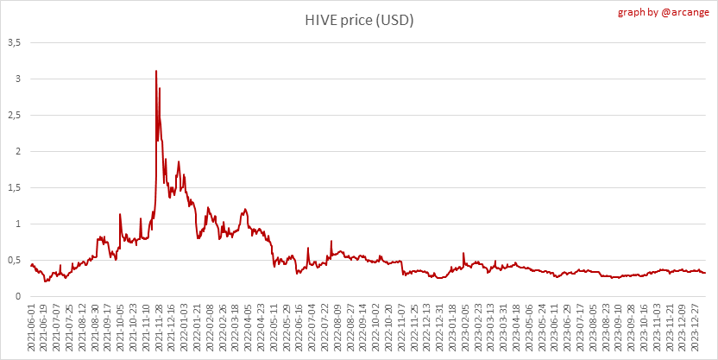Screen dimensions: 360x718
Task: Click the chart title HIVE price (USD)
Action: (x=358, y=20)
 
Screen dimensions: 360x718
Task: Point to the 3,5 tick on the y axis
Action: (x=15, y=42)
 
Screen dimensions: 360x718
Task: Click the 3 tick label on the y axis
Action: (x=18, y=79)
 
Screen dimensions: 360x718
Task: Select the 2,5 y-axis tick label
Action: (x=15, y=115)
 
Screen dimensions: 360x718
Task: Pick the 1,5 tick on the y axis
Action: (x=15, y=187)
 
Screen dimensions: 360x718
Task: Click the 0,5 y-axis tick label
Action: (x=15, y=260)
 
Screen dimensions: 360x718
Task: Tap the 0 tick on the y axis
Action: (x=18, y=296)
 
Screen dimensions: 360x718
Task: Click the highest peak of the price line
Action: (x=156, y=71)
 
